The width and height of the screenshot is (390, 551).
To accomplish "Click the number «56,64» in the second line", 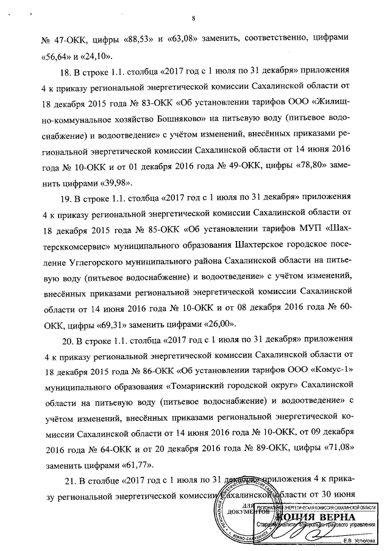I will coord(60,58).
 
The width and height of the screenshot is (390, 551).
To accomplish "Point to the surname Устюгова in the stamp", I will coord(359,539).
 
